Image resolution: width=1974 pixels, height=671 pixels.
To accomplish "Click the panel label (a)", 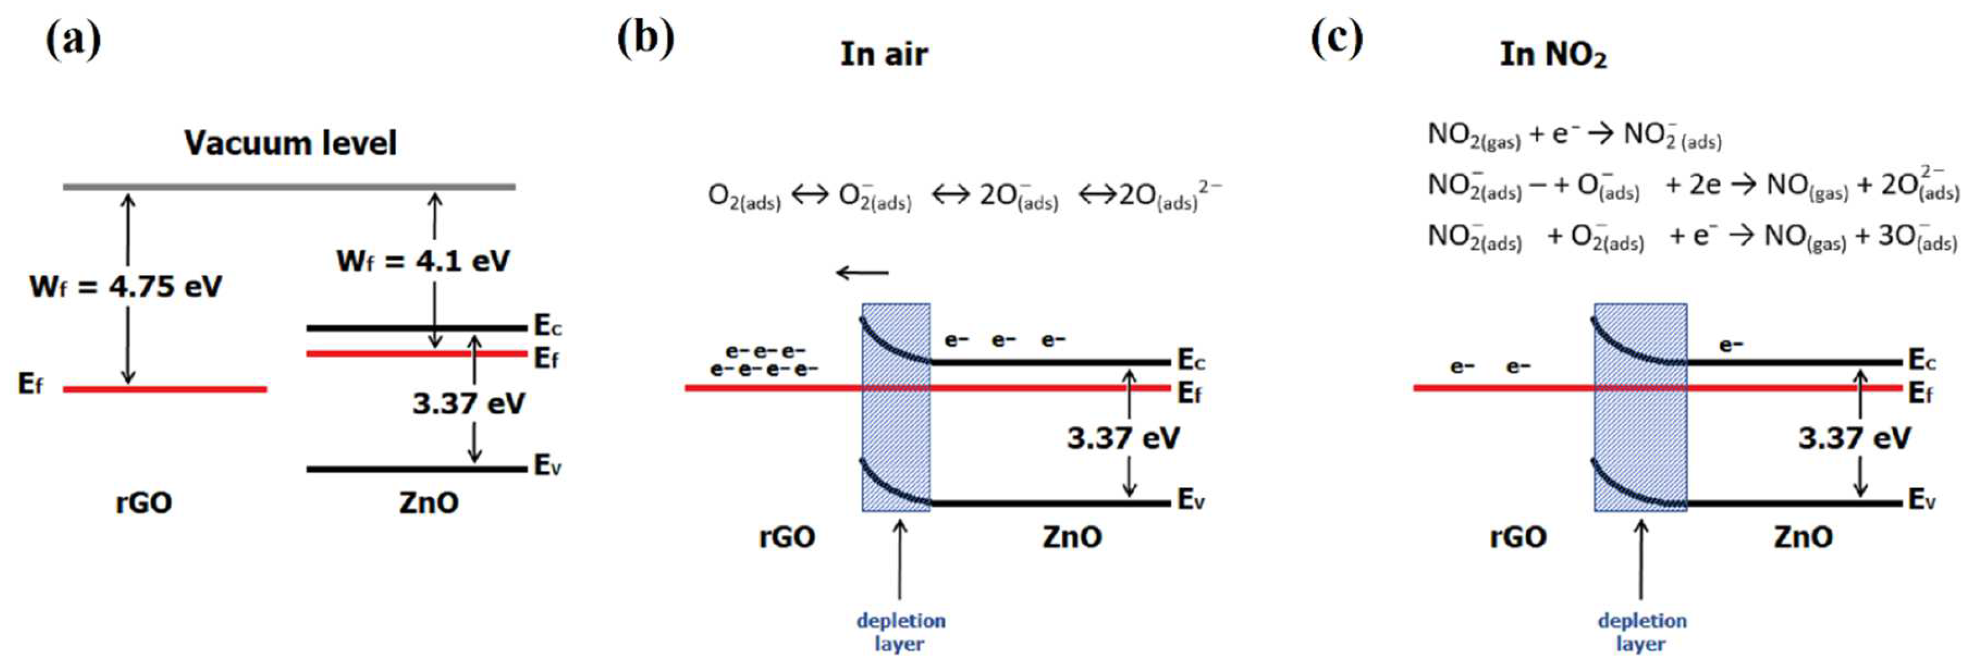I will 73,40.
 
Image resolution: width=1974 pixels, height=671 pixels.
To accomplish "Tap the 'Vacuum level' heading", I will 291,143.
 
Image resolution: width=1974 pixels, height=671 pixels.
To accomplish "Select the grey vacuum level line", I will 288,186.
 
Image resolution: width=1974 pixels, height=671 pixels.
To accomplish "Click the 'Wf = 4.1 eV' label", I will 423,261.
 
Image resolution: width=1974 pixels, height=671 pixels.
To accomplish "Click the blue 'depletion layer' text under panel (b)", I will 900,631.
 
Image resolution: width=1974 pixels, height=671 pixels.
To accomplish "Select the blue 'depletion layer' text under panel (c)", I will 1641,631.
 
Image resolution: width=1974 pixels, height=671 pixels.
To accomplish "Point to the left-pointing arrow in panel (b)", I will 862,272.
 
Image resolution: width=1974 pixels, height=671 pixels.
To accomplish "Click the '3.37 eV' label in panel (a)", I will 468,404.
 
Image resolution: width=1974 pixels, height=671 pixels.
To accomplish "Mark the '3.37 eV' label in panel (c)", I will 1854,438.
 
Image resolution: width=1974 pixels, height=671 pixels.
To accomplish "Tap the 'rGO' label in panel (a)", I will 144,503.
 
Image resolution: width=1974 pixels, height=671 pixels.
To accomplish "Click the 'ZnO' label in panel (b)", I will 1072,537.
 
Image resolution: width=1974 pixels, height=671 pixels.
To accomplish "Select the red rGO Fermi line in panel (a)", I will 165,389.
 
